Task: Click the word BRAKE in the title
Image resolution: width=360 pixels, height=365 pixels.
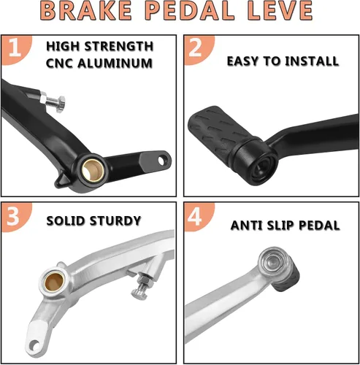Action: click(x=85, y=11)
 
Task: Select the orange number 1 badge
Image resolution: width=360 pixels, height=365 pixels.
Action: click(x=16, y=50)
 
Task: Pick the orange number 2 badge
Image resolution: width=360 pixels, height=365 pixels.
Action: click(x=199, y=50)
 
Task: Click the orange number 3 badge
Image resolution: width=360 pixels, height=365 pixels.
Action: click(x=16, y=217)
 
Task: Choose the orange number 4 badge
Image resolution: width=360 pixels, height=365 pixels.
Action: click(x=199, y=217)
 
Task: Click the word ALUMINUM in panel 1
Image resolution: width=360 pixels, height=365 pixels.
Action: click(x=115, y=64)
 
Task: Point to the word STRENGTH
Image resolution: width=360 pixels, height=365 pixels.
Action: click(x=119, y=46)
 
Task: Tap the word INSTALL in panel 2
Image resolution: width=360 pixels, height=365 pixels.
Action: click(x=312, y=61)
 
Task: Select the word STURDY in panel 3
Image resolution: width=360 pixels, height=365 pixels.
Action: click(x=115, y=220)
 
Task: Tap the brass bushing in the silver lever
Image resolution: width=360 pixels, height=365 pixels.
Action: click(x=55, y=283)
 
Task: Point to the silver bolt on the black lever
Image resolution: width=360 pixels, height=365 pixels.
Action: click(x=53, y=101)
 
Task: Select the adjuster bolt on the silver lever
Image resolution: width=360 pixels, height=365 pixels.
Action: click(x=142, y=287)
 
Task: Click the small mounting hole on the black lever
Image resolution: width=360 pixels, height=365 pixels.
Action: click(x=161, y=161)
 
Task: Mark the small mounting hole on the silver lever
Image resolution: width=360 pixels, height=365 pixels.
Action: click(x=34, y=345)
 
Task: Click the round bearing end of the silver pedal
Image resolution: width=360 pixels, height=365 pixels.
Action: click(x=272, y=264)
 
